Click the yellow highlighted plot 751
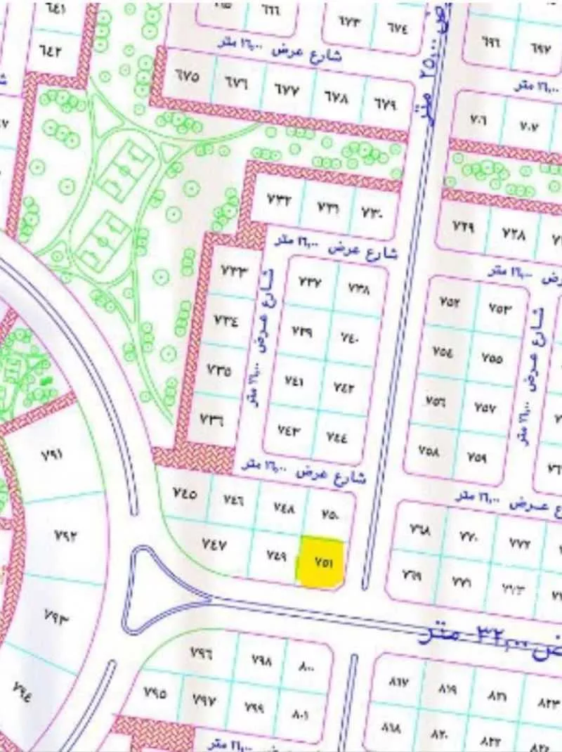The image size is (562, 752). click(322, 562)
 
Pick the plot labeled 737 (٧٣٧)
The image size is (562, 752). click(309, 283)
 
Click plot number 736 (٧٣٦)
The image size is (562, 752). click(212, 420)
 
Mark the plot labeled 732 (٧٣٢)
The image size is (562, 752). click(278, 200)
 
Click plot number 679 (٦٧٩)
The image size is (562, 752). click(384, 103)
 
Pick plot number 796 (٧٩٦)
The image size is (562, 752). click(202, 653)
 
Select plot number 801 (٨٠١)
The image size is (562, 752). click(301, 715)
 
